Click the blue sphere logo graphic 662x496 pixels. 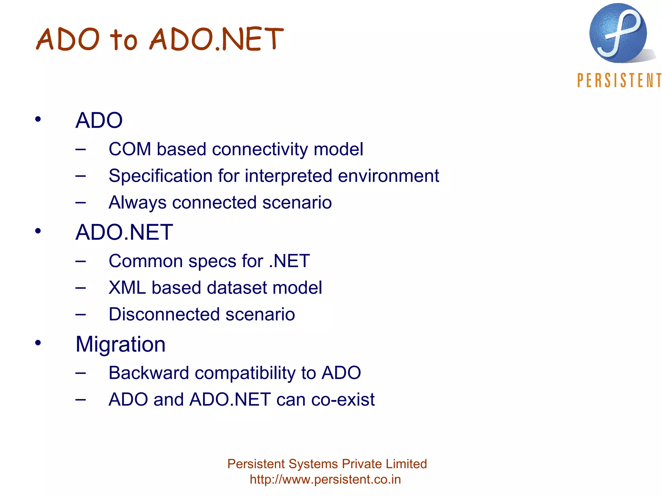point(618,33)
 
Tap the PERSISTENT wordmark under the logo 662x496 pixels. point(619,80)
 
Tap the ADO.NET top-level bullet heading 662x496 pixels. point(124,232)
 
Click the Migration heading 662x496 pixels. point(121,344)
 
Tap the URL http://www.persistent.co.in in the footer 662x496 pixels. point(325,480)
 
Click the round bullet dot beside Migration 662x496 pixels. point(38,343)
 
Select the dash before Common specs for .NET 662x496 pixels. point(80,261)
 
